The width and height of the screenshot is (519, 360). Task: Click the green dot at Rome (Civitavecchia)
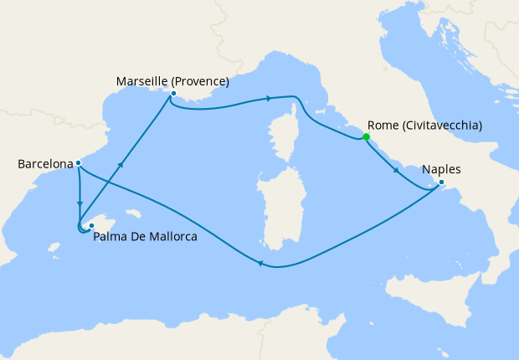pyautogui.click(x=366, y=137)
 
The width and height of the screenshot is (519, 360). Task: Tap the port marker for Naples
pyautogui.click(x=442, y=184)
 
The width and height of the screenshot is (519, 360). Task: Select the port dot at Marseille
pyautogui.click(x=172, y=95)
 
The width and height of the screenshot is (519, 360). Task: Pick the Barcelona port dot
pyautogui.click(x=78, y=163)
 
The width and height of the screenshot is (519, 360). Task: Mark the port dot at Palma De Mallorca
pyautogui.click(x=91, y=225)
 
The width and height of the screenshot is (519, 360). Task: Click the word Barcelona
pyautogui.click(x=44, y=164)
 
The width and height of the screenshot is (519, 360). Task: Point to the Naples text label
pyautogui.click(x=441, y=169)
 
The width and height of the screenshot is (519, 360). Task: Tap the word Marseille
pyautogui.click(x=142, y=81)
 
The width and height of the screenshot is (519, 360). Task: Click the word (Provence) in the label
pyautogui.click(x=200, y=81)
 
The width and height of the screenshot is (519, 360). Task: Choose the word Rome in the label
pyautogui.click(x=383, y=126)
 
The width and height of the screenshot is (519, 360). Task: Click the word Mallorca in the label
pyautogui.click(x=172, y=237)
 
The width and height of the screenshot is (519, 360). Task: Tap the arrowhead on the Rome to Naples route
pyautogui.click(x=396, y=172)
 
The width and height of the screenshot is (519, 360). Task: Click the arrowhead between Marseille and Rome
pyautogui.click(x=269, y=99)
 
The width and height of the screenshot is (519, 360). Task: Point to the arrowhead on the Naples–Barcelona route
pyautogui.click(x=260, y=265)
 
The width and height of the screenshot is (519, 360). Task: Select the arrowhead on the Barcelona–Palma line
pyautogui.click(x=80, y=203)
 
